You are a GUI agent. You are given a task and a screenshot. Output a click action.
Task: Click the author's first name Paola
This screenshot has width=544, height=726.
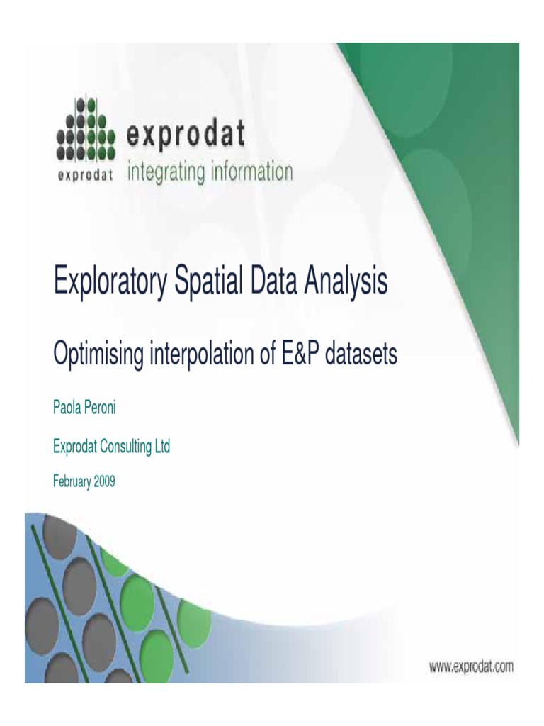tap(67, 408)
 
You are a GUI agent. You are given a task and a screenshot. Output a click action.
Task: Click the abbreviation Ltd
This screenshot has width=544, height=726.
tap(161, 447)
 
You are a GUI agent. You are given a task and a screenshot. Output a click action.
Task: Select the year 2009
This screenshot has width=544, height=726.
tap(103, 482)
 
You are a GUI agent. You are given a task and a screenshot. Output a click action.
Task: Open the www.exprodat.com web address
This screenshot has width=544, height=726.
tap(471, 666)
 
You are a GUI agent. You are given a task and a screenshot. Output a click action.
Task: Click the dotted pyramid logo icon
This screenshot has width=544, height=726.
tap(85, 129)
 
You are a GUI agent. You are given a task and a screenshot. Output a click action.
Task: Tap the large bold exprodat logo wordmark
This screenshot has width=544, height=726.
tap(186, 134)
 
